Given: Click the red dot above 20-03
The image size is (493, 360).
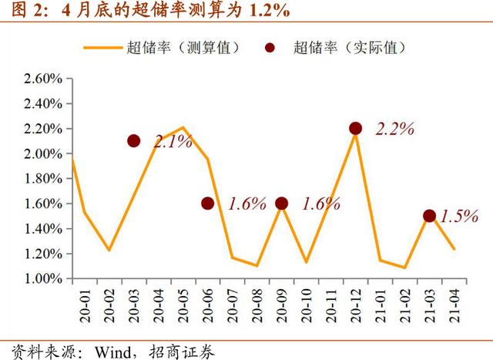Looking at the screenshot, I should click(133, 140).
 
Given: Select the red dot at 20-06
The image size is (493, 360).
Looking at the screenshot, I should click(207, 204).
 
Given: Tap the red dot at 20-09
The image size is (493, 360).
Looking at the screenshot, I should click(281, 204).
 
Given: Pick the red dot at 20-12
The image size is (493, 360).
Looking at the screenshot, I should click(355, 128).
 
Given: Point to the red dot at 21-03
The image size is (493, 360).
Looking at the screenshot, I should click(429, 216).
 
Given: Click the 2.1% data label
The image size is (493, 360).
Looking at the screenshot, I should click(170, 141).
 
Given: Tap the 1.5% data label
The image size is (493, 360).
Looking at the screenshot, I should click(461, 217).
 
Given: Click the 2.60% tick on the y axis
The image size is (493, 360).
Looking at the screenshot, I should click(43, 79).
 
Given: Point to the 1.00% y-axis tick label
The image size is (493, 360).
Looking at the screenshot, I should click(43, 278).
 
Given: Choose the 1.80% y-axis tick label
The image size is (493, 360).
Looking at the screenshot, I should click(43, 179).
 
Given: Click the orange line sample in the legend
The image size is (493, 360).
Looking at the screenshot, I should click(102, 47).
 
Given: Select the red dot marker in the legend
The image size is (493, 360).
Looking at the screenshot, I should click(269, 47).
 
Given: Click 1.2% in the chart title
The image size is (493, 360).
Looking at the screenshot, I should click(267, 12).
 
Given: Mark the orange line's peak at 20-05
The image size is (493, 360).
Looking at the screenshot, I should click(183, 127).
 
